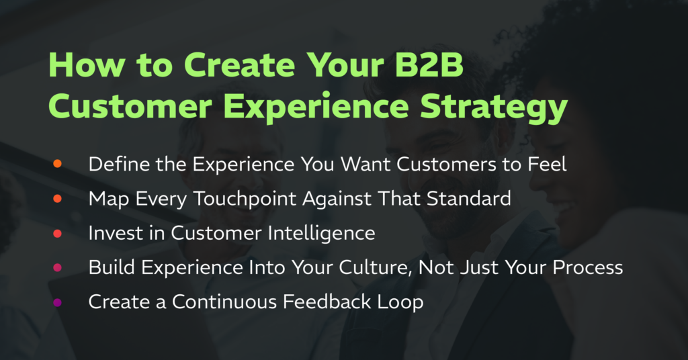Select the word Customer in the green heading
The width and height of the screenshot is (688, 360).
pos(130,107)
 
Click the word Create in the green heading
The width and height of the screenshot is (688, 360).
pos(240,65)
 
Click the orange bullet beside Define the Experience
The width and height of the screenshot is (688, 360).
pos(58,164)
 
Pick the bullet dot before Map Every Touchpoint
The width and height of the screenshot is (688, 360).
pos(58,199)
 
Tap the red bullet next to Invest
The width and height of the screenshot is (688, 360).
pos(58,233)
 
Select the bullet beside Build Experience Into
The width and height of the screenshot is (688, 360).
pos(58,267)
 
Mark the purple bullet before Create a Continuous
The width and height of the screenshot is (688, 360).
pos(58,302)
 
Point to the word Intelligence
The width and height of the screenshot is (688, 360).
pos(321,233)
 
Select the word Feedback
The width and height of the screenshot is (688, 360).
pos(327,302)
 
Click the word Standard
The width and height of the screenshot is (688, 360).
pos(468,199)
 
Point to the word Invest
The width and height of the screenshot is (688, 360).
pos(116,233)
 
